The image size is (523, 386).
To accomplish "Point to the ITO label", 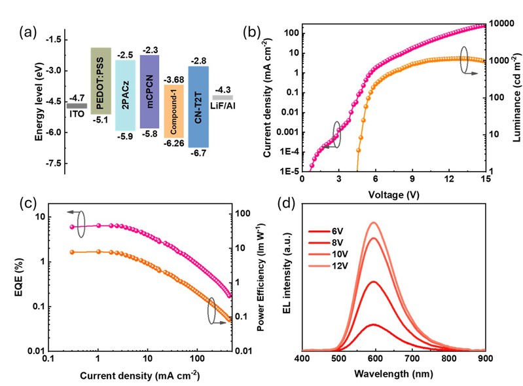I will tap(77, 113).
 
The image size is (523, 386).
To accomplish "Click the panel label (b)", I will tap(250, 31).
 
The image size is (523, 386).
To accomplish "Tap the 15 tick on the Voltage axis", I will tap(484, 178).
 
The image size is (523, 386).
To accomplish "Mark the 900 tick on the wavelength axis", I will tap(484, 359).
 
